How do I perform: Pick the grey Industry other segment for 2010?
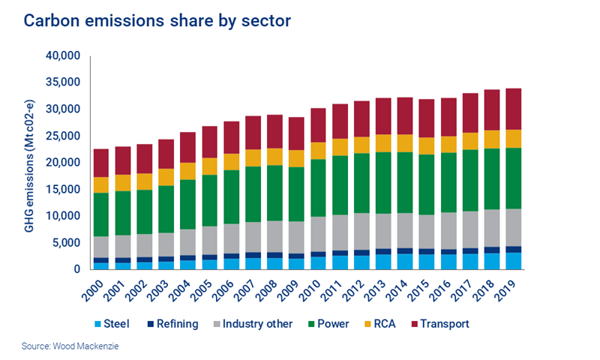coord(318,234)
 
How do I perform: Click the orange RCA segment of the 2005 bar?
coord(209,166)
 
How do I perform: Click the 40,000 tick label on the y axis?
coord(63,56)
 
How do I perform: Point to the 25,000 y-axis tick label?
coord(63,136)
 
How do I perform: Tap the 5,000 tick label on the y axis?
coord(66,242)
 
